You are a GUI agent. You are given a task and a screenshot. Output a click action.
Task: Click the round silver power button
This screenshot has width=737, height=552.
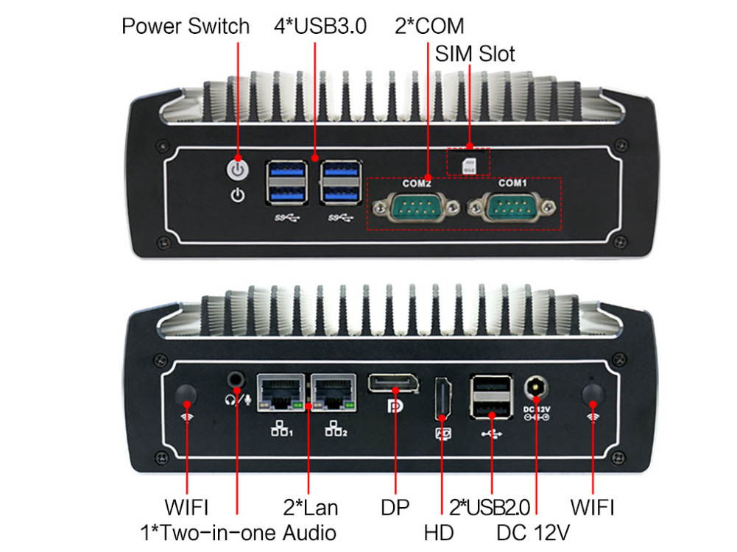pyautogui.click(x=238, y=169)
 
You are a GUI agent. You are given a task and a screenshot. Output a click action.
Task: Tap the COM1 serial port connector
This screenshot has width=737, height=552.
pyautogui.click(x=512, y=207)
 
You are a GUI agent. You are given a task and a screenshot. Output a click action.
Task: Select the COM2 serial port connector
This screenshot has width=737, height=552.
pyautogui.click(x=416, y=207)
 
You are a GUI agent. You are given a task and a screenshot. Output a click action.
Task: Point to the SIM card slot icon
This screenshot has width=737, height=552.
pyautogui.click(x=469, y=166)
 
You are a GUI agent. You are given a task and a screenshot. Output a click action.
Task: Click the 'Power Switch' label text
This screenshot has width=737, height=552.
pyautogui.click(x=186, y=26)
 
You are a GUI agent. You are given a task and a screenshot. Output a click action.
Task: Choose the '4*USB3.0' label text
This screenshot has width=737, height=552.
pyautogui.click(x=320, y=26)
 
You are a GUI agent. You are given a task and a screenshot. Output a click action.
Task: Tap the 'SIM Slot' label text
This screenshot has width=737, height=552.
pyautogui.click(x=475, y=54)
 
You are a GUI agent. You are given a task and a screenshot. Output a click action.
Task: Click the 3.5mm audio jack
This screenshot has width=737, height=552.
pyautogui.click(x=236, y=379)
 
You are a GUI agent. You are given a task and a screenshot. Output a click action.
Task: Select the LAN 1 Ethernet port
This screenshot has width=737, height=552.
pyautogui.click(x=281, y=393)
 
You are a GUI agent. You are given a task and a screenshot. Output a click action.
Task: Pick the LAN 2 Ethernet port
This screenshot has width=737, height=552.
pyautogui.click(x=334, y=393)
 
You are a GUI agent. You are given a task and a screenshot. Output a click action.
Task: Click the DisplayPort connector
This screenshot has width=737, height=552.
pyautogui.click(x=393, y=383)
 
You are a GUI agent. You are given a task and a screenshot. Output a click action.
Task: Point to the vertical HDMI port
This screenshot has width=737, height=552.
pyautogui.click(x=442, y=398)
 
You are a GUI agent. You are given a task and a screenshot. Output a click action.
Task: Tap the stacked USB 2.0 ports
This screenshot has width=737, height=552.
pyautogui.click(x=490, y=397)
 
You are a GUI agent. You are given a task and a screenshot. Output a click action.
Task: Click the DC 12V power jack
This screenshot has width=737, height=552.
pyautogui.click(x=536, y=389)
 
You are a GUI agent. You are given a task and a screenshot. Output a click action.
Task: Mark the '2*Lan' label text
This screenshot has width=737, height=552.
pyautogui.click(x=311, y=508)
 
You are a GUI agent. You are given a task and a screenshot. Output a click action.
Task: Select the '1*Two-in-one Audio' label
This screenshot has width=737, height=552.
pyautogui.click(x=239, y=533)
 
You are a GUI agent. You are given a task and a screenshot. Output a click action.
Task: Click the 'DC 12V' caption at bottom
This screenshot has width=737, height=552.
pyautogui.click(x=533, y=533)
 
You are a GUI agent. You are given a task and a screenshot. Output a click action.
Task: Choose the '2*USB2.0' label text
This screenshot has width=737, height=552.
pyautogui.click(x=490, y=508)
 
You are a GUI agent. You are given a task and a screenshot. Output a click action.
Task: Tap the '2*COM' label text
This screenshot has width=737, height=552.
pyautogui.click(x=429, y=26)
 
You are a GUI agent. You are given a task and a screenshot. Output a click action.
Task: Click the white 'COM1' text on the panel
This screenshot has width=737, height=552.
pyautogui.click(x=512, y=183)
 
